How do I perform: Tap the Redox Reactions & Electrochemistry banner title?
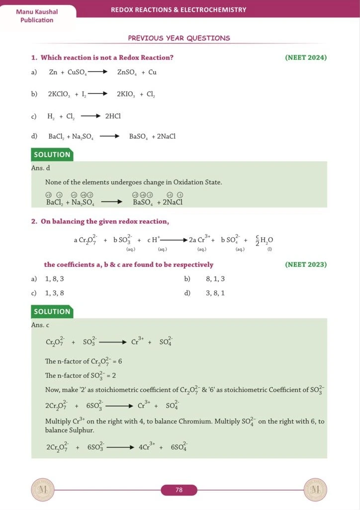(x=178, y=9)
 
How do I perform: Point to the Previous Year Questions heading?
(x=179, y=38)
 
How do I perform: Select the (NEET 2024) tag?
(x=306, y=58)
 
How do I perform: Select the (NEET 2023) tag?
(x=306, y=264)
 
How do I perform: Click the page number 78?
(x=179, y=490)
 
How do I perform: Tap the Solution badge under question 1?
(x=52, y=155)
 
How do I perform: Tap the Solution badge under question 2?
(x=52, y=312)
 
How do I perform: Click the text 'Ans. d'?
(x=40, y=168)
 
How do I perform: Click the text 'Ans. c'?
(x=40, y=325)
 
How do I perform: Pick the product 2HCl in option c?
(x=113, y=116)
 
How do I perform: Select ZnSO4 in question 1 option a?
(x=126, y=73)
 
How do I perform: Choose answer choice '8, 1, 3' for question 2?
(x=215, y=279)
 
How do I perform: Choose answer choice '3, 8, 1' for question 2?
(x=215, y=293)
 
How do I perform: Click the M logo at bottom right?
(x=315, y=490)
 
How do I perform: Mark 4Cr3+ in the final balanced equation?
(x=146, y=446)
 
